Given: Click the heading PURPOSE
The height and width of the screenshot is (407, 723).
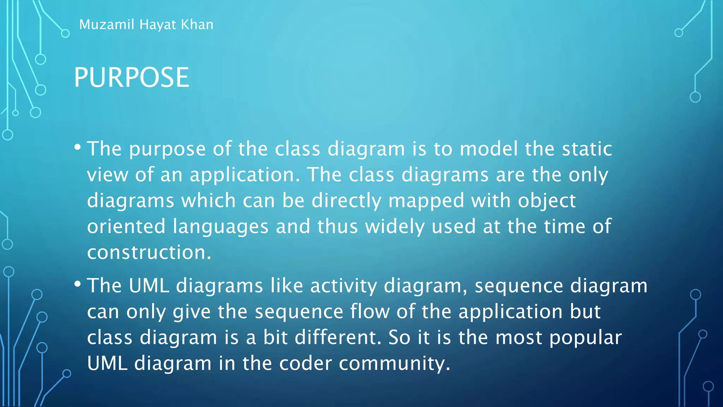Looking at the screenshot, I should tap(131, 77).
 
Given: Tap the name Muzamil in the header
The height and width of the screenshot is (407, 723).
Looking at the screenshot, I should tap(107, 25).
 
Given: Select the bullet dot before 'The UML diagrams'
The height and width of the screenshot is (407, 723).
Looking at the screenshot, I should tap(78, 284).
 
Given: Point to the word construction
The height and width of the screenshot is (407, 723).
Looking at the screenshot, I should tap(149, 252).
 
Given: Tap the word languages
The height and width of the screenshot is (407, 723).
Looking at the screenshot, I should tap(220, 227).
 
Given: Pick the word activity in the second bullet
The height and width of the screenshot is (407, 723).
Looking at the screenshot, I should tap(343, 286).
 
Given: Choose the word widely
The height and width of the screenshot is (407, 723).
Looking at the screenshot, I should tap(394, 227).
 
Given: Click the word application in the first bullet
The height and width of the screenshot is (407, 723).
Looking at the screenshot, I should tap(244, 175).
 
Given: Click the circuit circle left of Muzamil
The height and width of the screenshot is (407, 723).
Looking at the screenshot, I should tap(65, 34).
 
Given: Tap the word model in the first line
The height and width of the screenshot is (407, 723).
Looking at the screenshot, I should tap(488, 149).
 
